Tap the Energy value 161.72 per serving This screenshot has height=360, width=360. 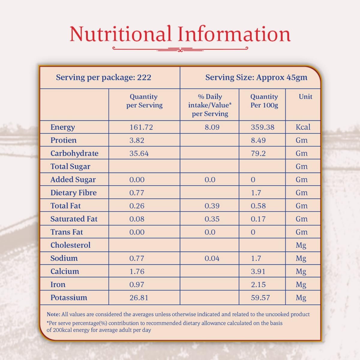tap(141, 127)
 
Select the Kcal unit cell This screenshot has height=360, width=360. tap(303, 127)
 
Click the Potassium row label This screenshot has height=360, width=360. tap(69, 298)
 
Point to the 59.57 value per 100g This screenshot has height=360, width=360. tap(260, 298)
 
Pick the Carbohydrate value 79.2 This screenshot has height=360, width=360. tap(258, 153)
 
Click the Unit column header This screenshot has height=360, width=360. tap(305, 97)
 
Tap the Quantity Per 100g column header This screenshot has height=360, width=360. tap(264, 101)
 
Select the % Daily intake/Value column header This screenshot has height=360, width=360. tap(210, 105)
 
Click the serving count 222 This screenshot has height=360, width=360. tap(144, 77)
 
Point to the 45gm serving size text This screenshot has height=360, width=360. tap(297, 77)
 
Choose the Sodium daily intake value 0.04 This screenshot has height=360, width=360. tap(212, 258)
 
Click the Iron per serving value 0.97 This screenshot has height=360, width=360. tap(137, 284)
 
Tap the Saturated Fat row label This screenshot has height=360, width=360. tap(74, 219)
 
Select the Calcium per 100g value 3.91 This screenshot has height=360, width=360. tap(258, 271)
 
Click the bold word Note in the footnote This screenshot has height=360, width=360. tap(53, 314)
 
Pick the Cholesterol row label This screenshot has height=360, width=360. tap(70, 245)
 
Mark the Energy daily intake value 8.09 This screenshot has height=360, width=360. tap(212, 127)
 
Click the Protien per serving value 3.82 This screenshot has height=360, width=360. tap(137, 140)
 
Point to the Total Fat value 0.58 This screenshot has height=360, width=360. tap(258, 206)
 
